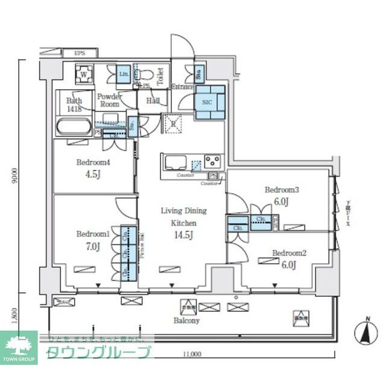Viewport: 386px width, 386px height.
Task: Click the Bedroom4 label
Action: click(92, 162)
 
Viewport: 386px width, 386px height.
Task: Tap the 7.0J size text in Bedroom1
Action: click(92, 246)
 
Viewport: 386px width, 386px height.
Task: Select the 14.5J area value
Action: click(183, 234)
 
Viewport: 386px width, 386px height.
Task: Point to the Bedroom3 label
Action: click(282, 190)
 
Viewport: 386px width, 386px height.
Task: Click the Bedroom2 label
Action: click(289, 253)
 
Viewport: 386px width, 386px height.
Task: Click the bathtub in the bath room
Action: click(73, 128)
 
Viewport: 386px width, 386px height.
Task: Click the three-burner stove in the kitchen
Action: click(213, 161)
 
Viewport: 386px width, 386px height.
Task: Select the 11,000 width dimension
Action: click(192, 354)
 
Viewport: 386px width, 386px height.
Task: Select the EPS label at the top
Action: click(80, 53)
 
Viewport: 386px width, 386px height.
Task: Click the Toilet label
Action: click(160, 76)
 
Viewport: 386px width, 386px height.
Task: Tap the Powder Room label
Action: click(110, 100)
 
